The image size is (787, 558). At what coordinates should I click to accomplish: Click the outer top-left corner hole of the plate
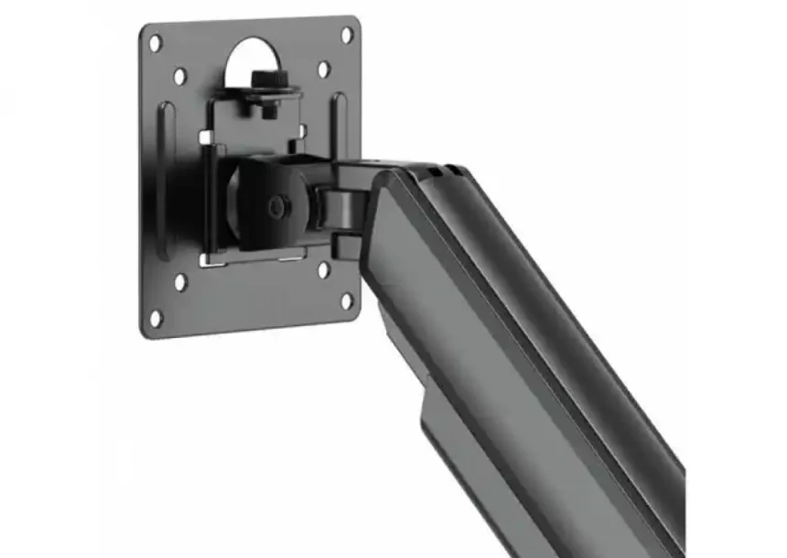coord(156,42)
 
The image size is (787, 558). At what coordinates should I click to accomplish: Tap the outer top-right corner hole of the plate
coord(347,35)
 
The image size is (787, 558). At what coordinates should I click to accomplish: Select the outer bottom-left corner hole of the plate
coord(156,319)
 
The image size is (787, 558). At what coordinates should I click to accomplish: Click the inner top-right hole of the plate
coord(323,69)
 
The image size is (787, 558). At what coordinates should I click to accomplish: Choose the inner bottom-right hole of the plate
coord(323,271)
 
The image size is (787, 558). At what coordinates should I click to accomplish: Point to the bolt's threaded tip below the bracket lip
coord(267,111)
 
